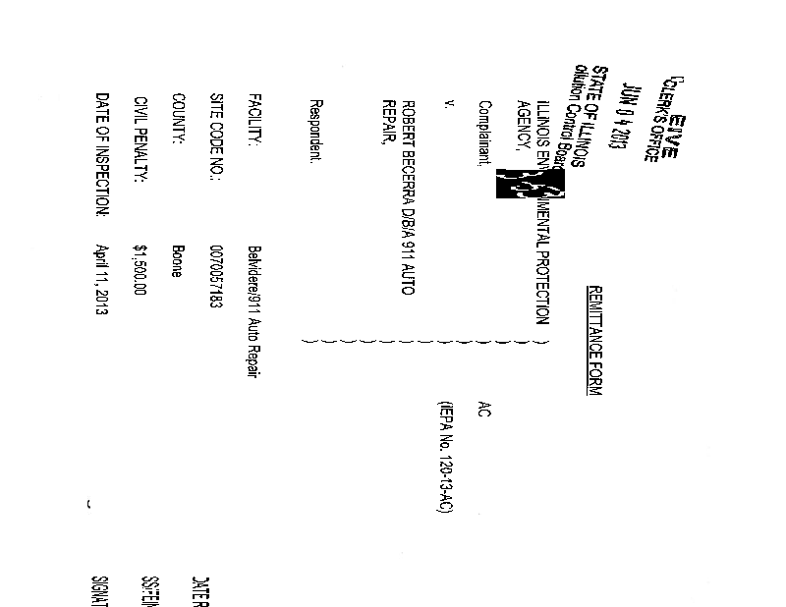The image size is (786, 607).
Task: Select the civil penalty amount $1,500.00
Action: (140, 270)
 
